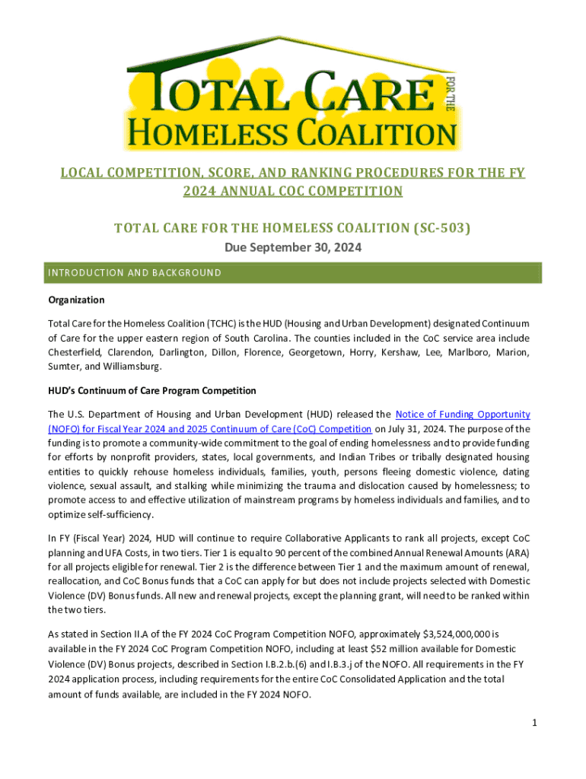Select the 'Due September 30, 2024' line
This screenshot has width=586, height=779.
coord(292,247)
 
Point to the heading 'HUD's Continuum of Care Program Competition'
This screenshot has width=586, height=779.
coord(152,390)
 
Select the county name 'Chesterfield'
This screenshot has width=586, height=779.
coord(77,352)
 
